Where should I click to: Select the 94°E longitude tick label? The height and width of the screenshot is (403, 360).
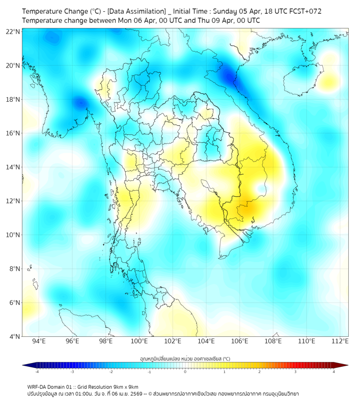tap(39, 341)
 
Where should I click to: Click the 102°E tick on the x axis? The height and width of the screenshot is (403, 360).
tap(173, 341)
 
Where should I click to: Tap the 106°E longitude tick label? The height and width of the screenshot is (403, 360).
tap(240, 341)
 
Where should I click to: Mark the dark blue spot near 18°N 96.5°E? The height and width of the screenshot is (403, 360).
tap(80, 102)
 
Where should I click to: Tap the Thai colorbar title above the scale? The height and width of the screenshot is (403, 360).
tap(185, 359)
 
